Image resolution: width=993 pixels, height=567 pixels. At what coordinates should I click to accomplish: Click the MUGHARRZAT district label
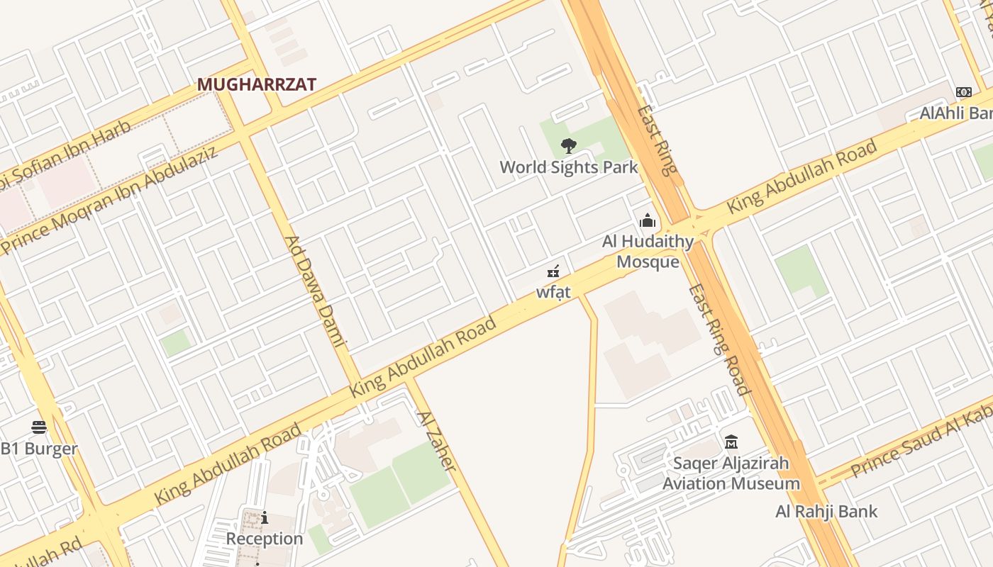[x=256, y=84]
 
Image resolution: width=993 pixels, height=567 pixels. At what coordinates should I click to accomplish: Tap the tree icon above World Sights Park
[x=568, y=146]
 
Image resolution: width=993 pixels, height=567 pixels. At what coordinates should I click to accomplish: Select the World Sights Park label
[x=569, y=167]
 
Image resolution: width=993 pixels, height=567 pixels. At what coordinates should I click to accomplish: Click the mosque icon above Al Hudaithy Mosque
[x=647, y=221]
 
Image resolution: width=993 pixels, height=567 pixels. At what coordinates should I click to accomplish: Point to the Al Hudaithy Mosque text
[x=648, y=252]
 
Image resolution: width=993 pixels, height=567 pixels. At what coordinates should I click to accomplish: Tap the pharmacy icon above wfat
[x=553, y=271]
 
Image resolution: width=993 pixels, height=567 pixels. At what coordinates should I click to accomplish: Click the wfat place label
[x=553, y=292]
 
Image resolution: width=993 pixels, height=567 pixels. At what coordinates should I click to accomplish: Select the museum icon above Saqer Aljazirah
[x=731, y=442]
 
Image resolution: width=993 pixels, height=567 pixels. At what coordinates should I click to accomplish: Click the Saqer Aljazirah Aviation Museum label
[x=731, y=473]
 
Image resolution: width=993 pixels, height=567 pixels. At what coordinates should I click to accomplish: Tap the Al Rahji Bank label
[x=826, y=511]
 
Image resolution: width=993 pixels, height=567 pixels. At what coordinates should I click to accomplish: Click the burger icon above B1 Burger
[x=39, y=427]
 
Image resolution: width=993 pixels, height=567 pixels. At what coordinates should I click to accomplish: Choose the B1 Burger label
[x=39, y=449]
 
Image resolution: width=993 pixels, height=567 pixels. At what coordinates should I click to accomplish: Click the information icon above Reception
[x=265, y=518]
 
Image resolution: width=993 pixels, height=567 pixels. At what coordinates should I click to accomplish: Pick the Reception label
[x=265, y=539]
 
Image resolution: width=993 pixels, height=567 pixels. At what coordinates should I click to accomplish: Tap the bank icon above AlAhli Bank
[x=963, y=92]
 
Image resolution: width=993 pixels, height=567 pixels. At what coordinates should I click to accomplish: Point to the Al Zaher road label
[x=436, y=441]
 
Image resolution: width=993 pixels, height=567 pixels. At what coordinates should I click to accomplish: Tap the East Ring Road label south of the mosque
[x=719, y=339]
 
